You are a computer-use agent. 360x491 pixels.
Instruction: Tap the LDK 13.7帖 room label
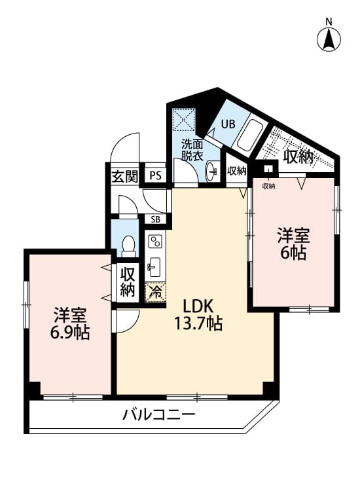pos(198,315)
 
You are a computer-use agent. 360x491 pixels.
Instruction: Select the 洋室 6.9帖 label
pos(70,323)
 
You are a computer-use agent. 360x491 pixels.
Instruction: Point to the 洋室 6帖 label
pos(293,244)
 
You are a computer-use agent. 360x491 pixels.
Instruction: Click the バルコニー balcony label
pos(158,415)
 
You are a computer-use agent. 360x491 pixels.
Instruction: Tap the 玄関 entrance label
pos(125,177)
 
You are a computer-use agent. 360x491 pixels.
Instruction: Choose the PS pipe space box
pos(155,175)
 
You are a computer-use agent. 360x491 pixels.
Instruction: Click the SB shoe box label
pos(155,219)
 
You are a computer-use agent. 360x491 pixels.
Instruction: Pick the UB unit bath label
pos(228,124)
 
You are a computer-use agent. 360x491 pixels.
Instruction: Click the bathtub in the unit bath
pos(249,137)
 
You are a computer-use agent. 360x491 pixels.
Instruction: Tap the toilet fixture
pos(128,246)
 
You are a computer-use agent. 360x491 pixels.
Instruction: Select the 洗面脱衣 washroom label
pos(192,150)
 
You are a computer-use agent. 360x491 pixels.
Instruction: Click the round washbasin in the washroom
pos(211,171)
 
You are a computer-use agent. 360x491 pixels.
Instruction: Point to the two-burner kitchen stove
pos(155,241)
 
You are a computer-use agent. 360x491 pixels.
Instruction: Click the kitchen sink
pos(154,267)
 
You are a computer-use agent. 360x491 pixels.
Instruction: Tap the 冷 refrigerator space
pos(155,292)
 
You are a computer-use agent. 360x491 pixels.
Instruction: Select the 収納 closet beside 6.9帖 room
pos(128,282)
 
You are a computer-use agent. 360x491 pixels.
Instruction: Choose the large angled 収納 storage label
pos(298,157)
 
